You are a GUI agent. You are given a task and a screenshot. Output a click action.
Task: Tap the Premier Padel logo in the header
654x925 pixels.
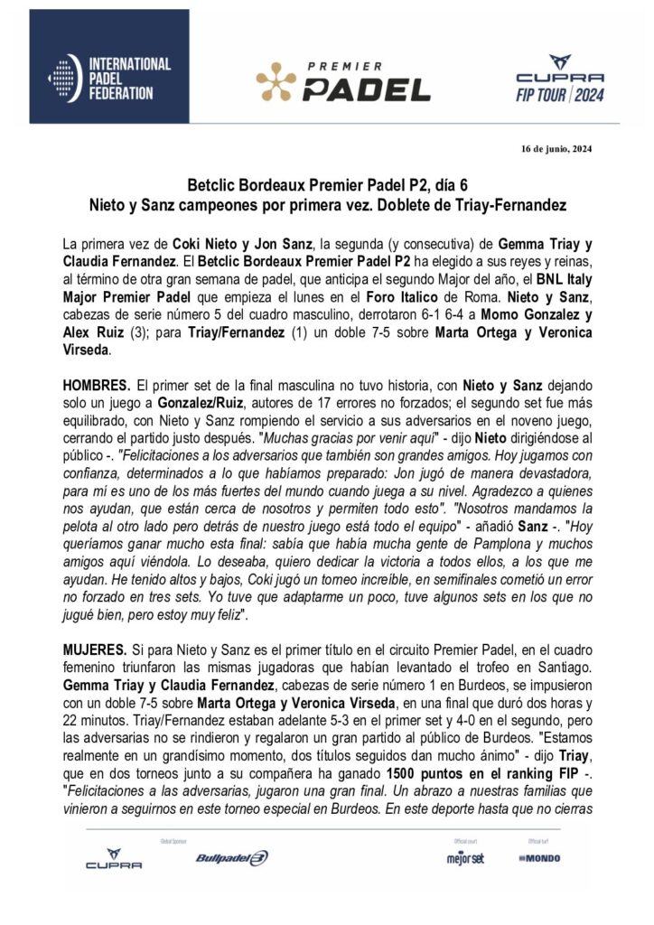(x=343, y=82)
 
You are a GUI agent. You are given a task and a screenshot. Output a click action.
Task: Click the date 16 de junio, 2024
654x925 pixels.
(x=556, y=148)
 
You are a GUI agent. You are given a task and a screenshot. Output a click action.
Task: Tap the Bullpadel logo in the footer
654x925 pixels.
(x=232, y=857)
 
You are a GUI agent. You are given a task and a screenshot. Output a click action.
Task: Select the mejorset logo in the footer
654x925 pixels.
(x=464, y=857)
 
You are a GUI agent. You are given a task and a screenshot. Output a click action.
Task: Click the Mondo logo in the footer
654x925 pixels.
(x=539, y=857)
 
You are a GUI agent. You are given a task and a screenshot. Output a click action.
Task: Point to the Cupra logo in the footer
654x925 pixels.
(x=114, y=859)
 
